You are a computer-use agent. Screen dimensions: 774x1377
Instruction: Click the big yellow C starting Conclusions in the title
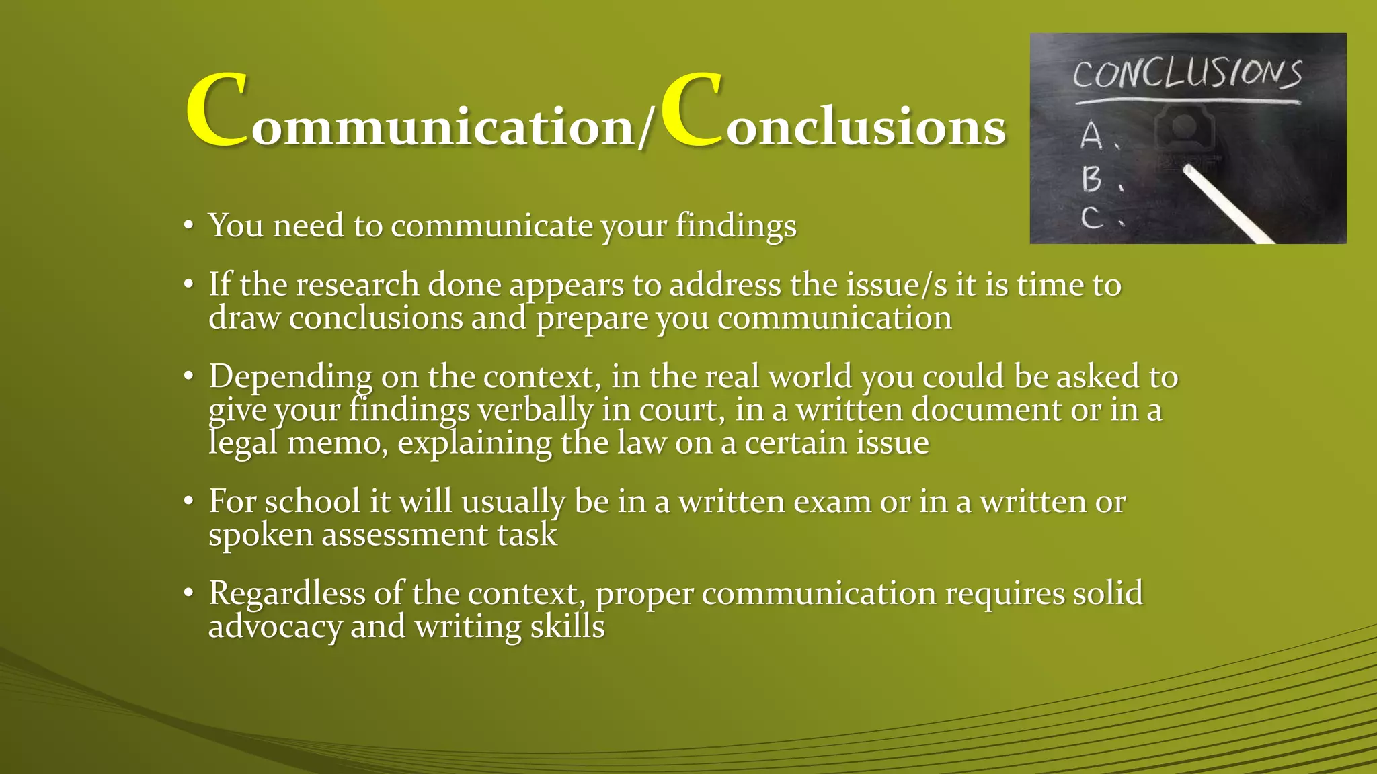[691, 111]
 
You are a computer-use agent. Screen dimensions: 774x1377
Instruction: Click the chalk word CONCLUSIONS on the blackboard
[1187, 74]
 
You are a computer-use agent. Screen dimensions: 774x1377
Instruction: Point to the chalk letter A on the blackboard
[1091, 136]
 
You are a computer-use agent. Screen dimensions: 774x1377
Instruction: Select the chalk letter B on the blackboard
[1091, 179]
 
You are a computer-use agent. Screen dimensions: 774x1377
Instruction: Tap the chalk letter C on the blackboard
[1091, 218]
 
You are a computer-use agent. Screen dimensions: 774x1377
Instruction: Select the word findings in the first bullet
[736, 226]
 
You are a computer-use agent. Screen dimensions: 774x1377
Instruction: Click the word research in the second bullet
[357, 285]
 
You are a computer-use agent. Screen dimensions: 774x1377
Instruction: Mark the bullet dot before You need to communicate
[189, 226]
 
